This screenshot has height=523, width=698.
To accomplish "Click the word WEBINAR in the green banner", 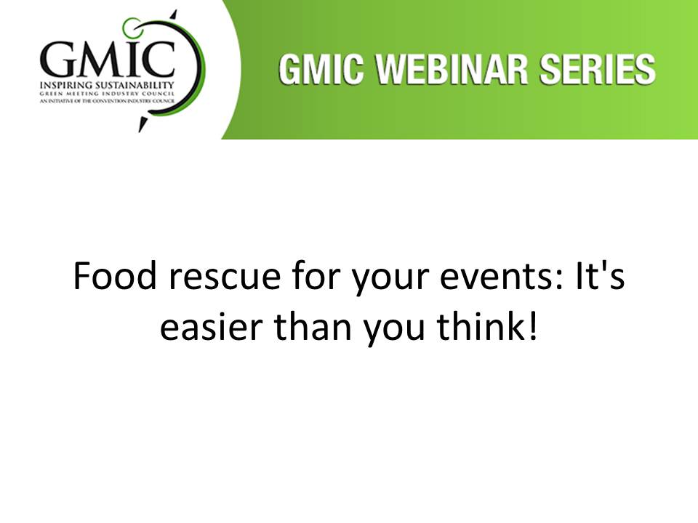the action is click(452, 69).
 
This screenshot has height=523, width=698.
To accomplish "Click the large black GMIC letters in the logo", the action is click(108, 59).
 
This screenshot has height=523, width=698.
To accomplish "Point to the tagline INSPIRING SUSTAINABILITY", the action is click(107, 85).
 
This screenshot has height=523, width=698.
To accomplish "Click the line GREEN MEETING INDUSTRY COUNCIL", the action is click(107, 94).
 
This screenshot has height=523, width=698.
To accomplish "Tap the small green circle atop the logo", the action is click(132, 27).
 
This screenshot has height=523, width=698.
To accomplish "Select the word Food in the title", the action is click(116, 276).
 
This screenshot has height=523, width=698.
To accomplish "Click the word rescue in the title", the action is click(225, 278).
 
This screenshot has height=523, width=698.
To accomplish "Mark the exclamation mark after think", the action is click(533, 326).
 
